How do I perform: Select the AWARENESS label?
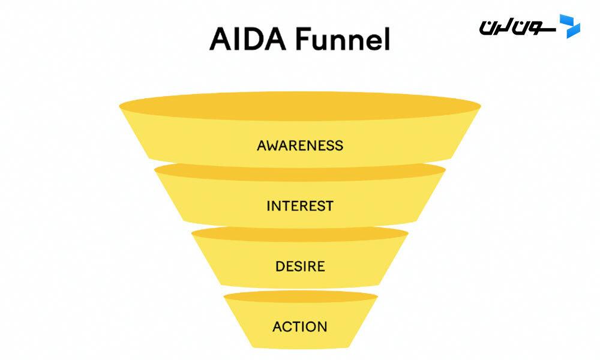click(x=300, y=145)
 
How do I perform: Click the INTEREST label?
click(x=300, y=206)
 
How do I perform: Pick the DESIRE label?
click(x=300, y=266)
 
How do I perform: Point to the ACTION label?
click(x=300, y=327)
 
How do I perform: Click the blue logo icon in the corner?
click(x=569, y=26)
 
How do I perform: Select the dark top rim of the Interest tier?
click(x=300, y=172)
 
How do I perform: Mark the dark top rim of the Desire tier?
click(x=300, y=233)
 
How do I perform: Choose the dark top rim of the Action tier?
click(x=300, y=296)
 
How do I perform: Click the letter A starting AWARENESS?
click(x=262, y=145)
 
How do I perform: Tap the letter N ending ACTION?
click(x=323, y=327)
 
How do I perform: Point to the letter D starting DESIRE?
click(x=280, y=266)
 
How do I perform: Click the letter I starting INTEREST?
click(x=268, y=206)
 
